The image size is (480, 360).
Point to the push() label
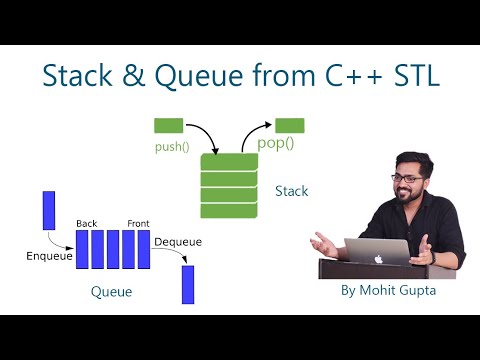coord(173,145)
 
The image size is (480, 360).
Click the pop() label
coord(277,144)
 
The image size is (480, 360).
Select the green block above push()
coord(168,126)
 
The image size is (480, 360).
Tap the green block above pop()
coord(290,125)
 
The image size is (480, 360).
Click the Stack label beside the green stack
coord(291,190)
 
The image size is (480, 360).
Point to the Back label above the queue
coord(86,222)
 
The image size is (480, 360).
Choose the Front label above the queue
coord(138,222)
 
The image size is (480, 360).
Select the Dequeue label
coord(177,242)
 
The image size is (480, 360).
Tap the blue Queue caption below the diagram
coord(111,292)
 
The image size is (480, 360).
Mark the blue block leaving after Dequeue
coord(187,284)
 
